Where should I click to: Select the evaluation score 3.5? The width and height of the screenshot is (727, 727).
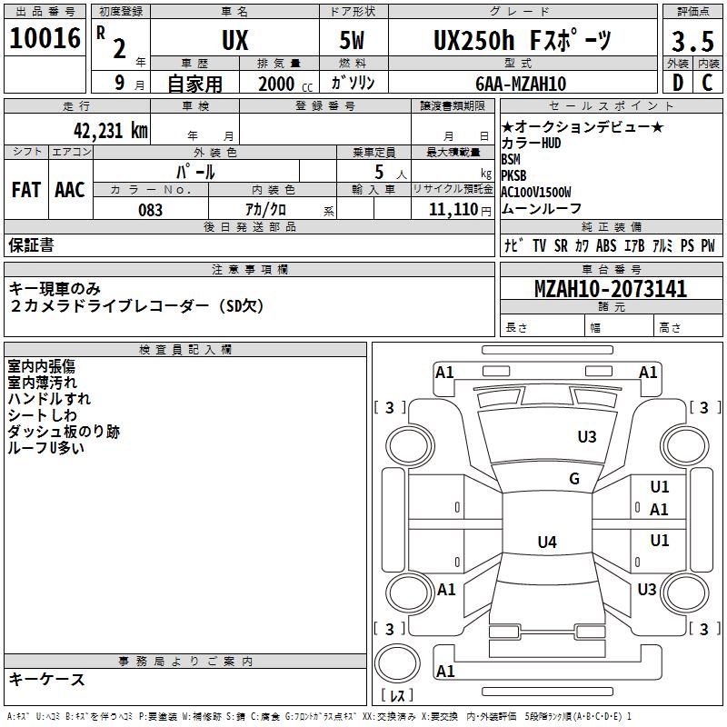click(x=691, y=42)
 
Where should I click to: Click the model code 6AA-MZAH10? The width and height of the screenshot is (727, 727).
click(x=521, y=84)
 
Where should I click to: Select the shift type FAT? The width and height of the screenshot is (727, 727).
click(x=25, y=190)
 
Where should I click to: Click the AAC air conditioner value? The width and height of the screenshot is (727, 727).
click(x=70, y=190)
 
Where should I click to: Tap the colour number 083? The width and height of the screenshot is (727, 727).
click(x=150, y=210)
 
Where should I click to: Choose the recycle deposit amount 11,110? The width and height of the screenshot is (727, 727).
click(x=451, y=210)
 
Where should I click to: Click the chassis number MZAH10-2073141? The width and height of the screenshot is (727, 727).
click(x=610, y=290)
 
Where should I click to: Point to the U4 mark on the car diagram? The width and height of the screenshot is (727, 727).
click(x=546, y=543)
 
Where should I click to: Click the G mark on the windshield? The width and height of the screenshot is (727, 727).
click(x=574, y=479)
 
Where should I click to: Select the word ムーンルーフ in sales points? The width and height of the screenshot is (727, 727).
click(x=541, y=208)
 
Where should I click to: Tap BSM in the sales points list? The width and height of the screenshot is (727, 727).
click(x=511, y=159)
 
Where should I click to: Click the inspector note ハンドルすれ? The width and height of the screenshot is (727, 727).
click(x=49, y=398)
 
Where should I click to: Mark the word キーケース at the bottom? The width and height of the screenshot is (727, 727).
click(x=47, y=679)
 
